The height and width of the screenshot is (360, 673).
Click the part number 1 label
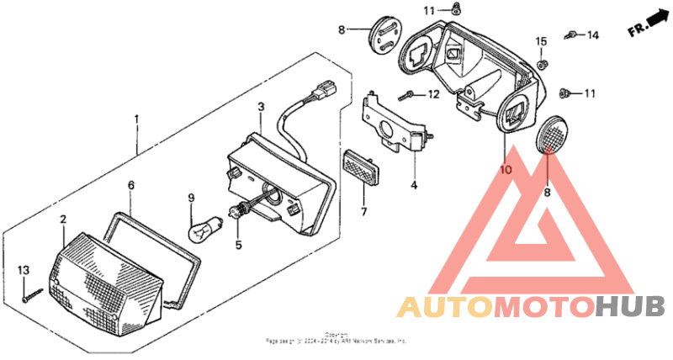pyautogui.click(x=136, y=119)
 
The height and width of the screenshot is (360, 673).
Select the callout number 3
pyautogui.click(x=261, y=107)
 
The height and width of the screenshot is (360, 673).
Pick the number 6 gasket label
pyautogui.click(x=130, y=183)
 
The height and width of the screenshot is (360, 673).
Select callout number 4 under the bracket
pyautogui.click(x=414, y=184)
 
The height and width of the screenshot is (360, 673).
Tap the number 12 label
pyautogui.click(x=434, y=94)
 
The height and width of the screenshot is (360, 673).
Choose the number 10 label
pyautogui.click(x=505, y=170)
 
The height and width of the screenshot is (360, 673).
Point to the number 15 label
pyautogui.click(x=542, y=40)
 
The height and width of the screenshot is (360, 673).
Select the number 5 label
pyautogui.click(x=238, y=246)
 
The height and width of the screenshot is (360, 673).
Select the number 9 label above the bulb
pyautogui.click(x=191, y=199)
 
